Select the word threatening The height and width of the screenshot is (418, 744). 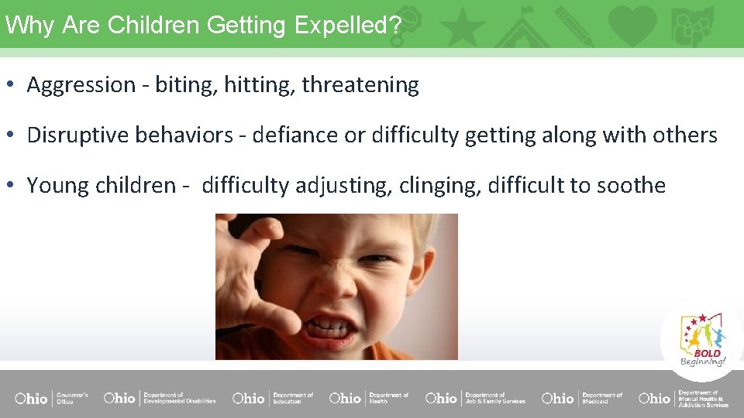360,85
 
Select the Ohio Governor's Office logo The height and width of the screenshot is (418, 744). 51,398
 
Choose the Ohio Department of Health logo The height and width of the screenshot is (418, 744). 369,398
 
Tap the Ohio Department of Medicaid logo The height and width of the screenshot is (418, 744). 582,398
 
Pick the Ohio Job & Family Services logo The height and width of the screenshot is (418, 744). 475,398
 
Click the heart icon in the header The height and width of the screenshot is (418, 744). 632,25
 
